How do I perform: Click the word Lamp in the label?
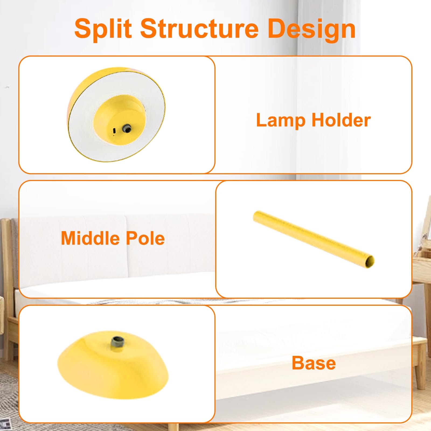point(280,120)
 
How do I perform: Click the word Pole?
point(145,238)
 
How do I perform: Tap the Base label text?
point(314,363)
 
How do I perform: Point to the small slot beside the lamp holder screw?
point(114,130)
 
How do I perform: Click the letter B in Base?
point(298,363)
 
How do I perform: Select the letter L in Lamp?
point(262,120)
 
